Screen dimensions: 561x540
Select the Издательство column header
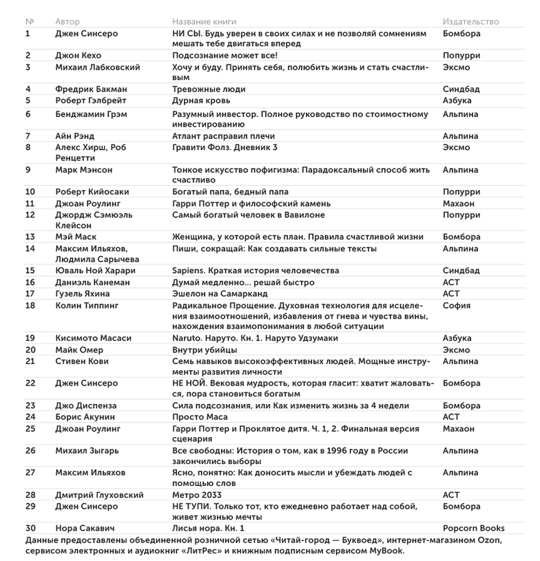pyautogui.click(x=470, y=22)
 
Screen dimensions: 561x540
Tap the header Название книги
pyautogui.click(x=207, y=22)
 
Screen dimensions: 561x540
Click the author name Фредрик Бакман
pyautogui.click(x=91, y=89)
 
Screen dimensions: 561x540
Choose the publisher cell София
pyautogui.click(x=457, y=305)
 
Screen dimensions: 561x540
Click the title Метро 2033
pyautogui.click(x=199, y=495)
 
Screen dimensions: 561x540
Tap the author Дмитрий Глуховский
pyautogui.click(x=99, y=495)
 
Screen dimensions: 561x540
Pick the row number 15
pyautogui.click(x=30, y=271)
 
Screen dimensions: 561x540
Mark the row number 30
pyautogui.click(x=30, y=529)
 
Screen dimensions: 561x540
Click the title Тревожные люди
pyautogui.click(x=209, y=89)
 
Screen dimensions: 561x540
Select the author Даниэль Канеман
pyautogui.click(x=92, y=282)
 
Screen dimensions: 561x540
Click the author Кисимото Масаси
pyautogui.click(x=93, y=339)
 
